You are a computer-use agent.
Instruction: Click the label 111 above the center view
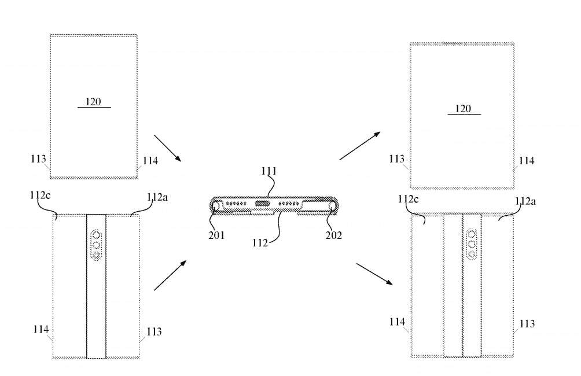269,171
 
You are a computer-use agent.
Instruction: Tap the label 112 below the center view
260,243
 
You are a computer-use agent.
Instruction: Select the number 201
218,235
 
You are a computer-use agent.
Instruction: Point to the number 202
334,235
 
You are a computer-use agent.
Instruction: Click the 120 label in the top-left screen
93,102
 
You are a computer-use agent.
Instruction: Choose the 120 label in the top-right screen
463,108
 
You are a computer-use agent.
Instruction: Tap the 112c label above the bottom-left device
41,196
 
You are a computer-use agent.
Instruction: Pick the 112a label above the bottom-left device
157,197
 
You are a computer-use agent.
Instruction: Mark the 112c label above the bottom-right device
409,200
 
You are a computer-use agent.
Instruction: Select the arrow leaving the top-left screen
168,148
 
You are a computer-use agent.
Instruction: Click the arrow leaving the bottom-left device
170,275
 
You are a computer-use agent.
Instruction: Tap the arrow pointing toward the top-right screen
359,145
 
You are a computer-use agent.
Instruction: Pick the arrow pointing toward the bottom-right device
374,274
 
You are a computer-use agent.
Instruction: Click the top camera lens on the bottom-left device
96,235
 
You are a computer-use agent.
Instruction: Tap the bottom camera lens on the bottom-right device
472,253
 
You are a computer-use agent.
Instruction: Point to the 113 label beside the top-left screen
39,159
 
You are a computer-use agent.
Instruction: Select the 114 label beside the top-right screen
526,161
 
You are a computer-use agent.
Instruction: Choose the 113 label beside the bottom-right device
527,324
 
